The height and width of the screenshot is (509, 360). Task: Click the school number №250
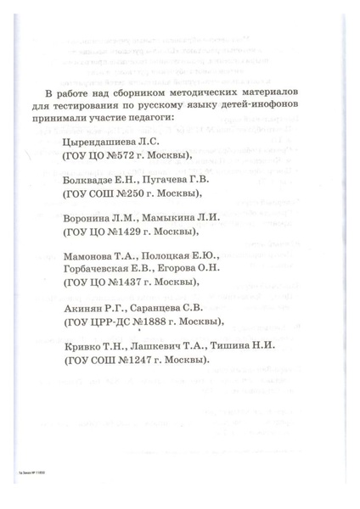pos(133,193)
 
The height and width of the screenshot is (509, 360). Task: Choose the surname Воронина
pos(87,218)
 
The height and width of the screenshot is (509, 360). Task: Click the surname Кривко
pos(82,348)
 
